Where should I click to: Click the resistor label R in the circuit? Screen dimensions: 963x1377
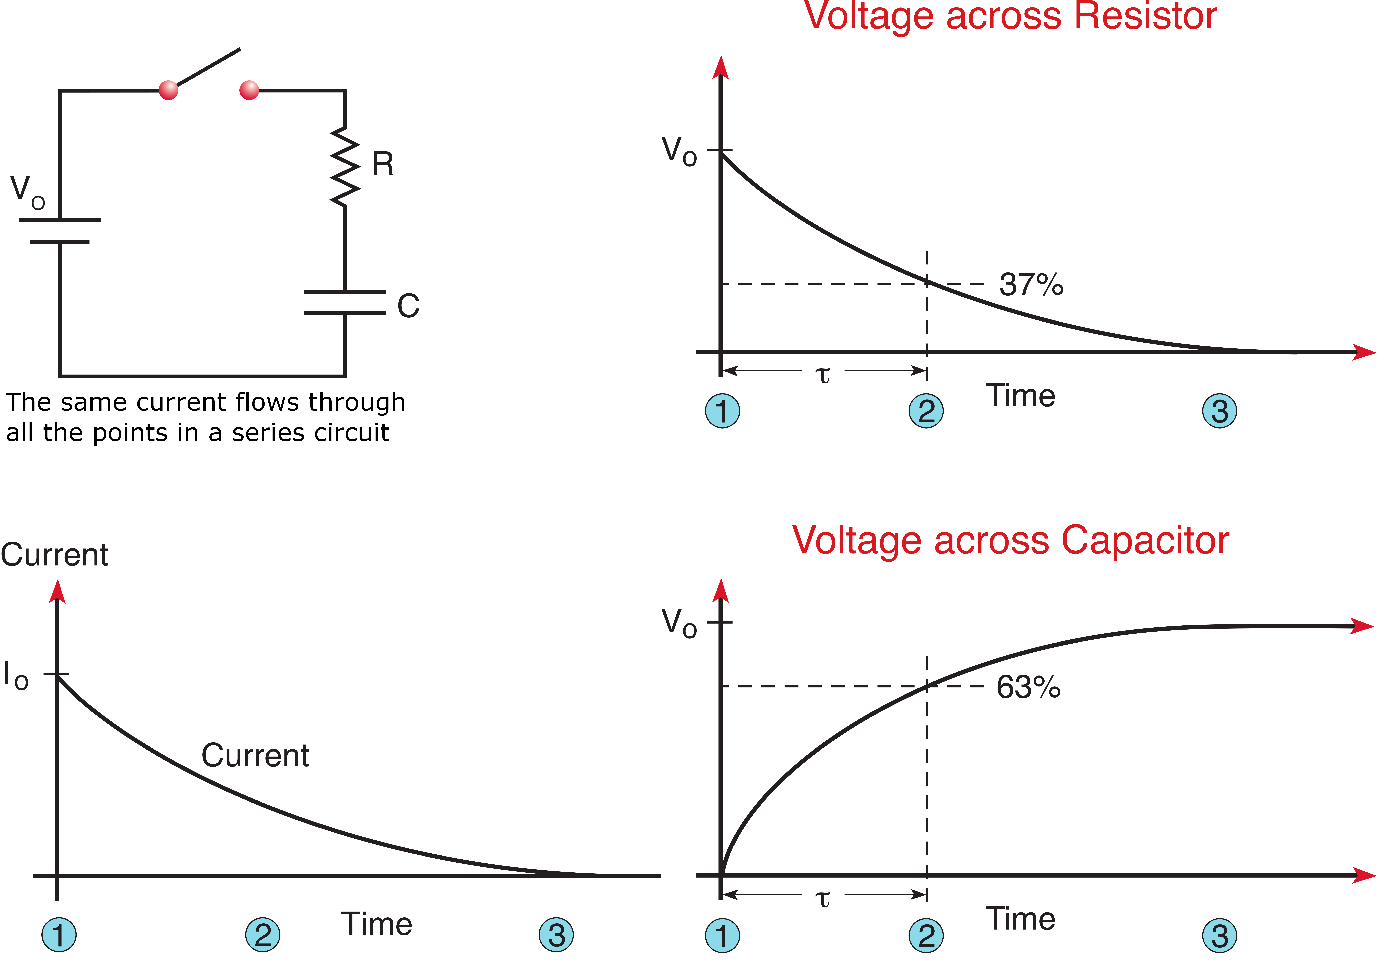[383, 164]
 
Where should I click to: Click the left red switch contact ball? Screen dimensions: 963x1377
[168, 90]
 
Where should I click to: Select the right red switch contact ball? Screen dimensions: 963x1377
[249, 90]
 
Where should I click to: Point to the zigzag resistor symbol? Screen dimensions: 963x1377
[345, 167]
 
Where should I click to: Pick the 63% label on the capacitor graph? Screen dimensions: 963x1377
[1028, 687]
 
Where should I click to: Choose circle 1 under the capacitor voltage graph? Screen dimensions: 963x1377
[722, 935]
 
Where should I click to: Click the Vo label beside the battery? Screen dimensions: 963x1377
[27, 192]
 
